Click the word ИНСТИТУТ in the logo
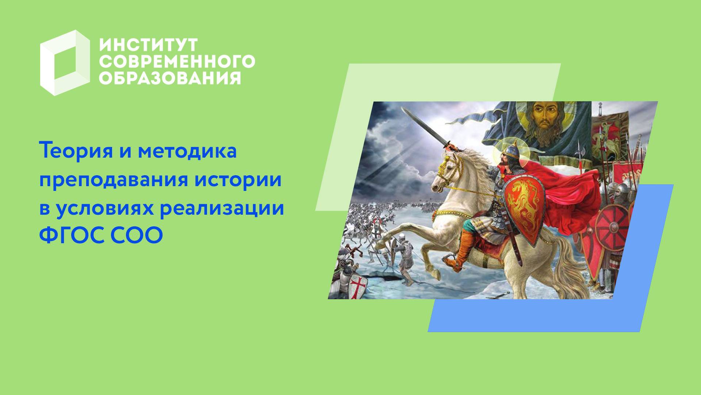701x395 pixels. click(x=148, y=45)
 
